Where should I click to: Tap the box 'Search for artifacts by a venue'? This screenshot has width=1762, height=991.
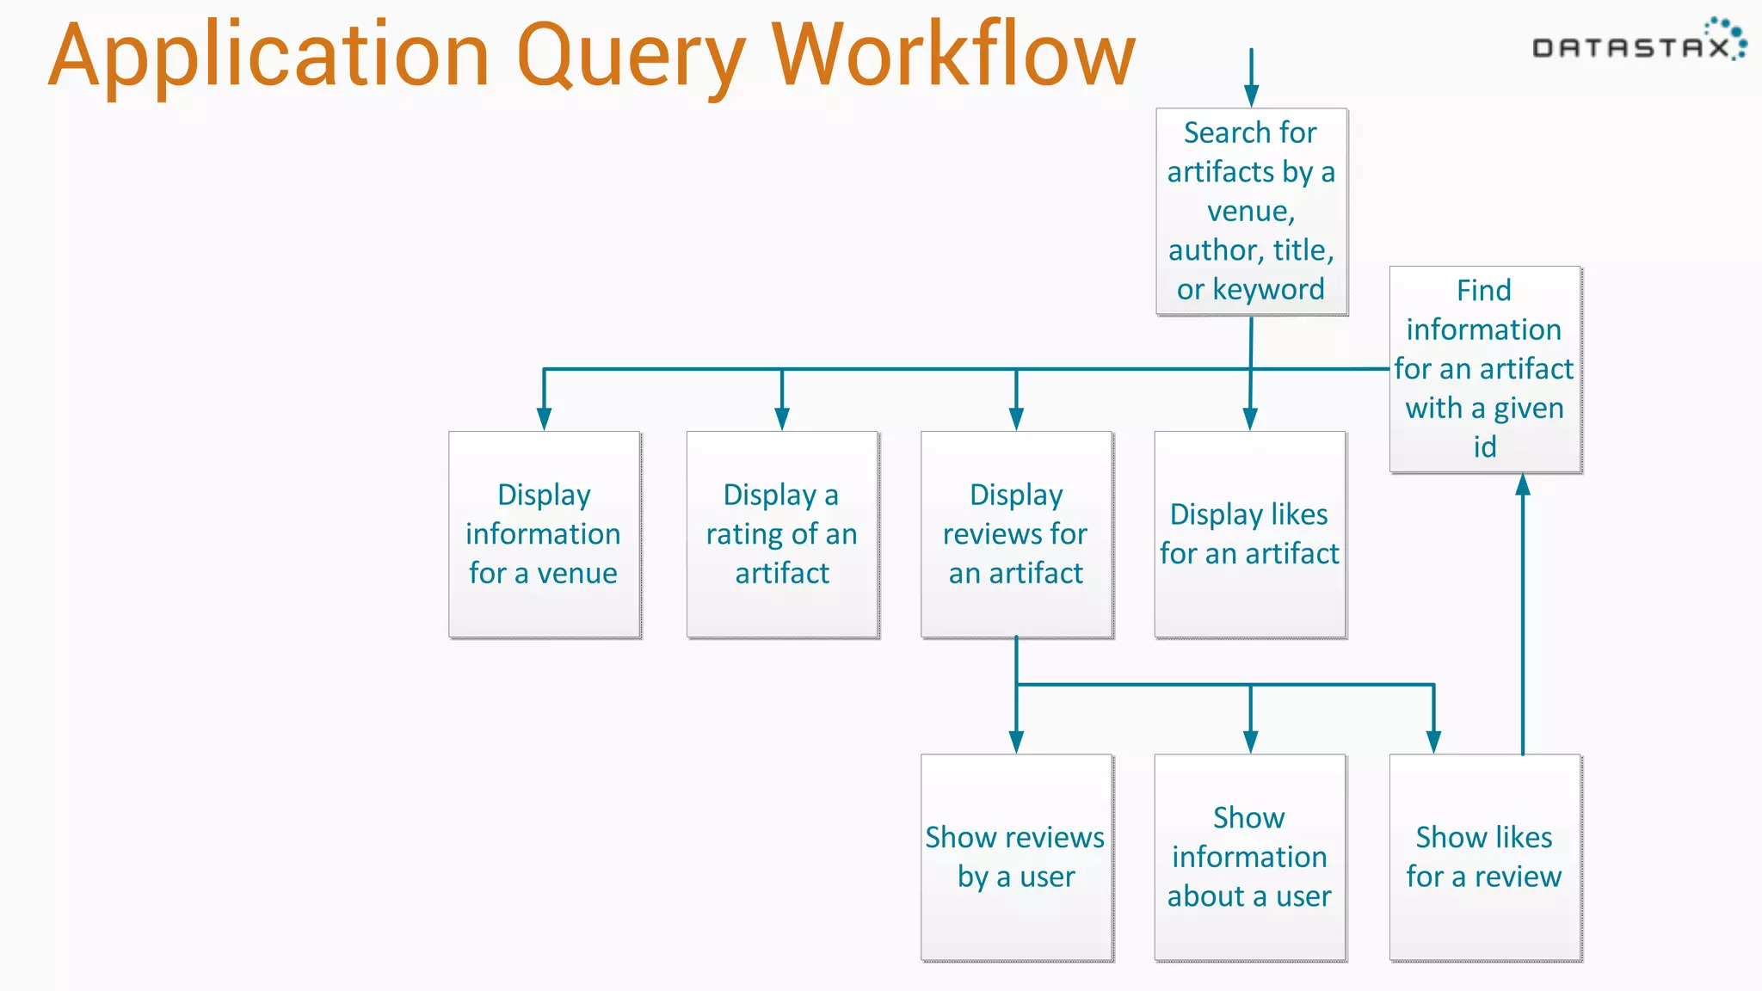point(1251,211)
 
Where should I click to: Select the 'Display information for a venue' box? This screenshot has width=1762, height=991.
point(544,533)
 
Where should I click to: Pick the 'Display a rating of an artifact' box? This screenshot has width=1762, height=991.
point(781,533)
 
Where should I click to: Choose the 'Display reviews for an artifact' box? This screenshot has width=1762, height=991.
point(1016,533)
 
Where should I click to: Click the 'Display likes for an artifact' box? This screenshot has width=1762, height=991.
point(1249,533)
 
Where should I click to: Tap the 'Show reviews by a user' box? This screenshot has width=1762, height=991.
point(1016,857)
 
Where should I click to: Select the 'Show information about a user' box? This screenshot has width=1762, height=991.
point(1249,857)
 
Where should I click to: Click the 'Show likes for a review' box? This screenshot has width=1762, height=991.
point(1484,857)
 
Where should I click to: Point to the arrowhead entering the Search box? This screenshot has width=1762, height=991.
point(1251,95)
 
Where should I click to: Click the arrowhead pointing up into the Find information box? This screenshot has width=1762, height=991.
point(1523,485)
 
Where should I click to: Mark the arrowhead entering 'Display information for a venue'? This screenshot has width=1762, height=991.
point(544,419)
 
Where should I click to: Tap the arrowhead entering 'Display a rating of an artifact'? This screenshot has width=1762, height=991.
point(781,419)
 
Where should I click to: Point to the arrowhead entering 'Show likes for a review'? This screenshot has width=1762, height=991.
point(1433,742)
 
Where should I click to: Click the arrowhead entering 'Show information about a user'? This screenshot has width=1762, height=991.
point(1250,742)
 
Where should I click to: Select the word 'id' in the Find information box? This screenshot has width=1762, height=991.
point(1484,447)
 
